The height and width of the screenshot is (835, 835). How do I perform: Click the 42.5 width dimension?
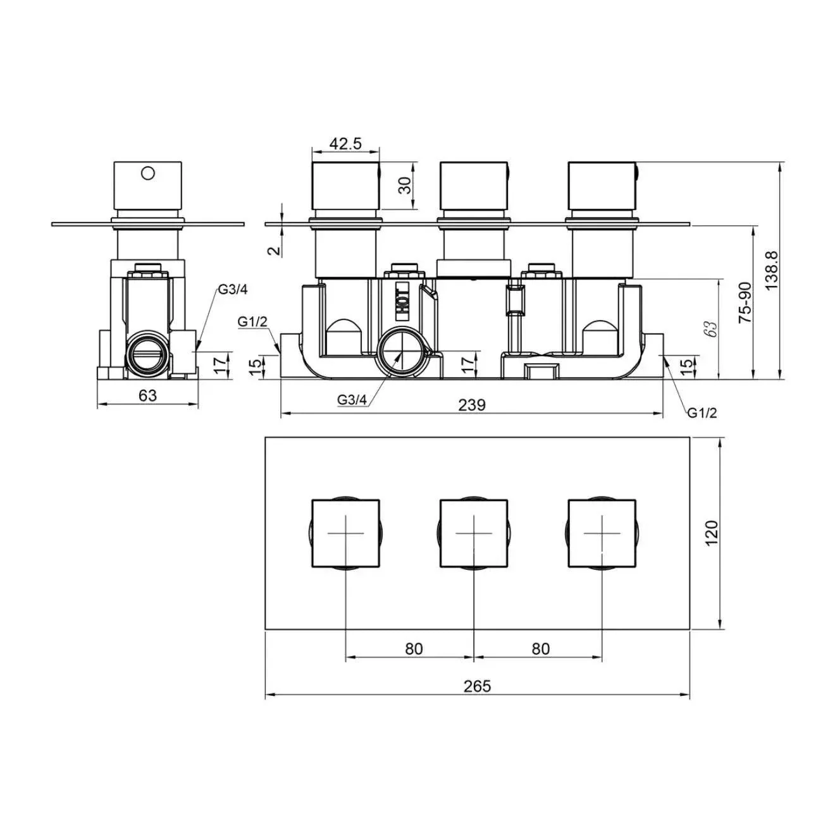pos(345,144)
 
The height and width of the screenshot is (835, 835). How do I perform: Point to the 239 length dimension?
pos(472,405)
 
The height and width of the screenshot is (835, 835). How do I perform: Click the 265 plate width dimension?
pos(477,686)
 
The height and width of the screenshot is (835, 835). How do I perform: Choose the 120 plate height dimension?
pos(712,533)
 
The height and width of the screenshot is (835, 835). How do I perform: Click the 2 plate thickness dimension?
pos(275,250)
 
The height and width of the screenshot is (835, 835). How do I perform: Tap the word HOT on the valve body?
pos(402,302)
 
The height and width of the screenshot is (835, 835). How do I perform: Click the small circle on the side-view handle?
pos(148,173)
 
